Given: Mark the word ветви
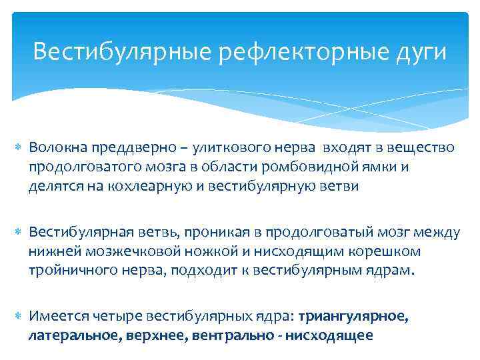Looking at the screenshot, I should pos(337,187).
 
